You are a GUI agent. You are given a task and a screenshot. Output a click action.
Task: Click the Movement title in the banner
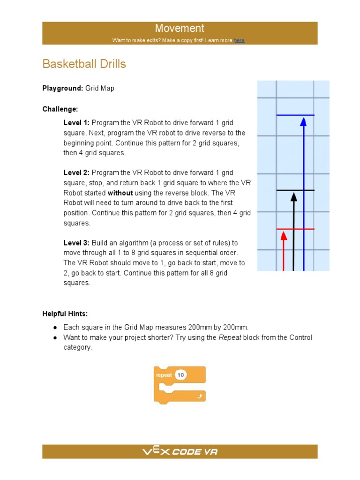coord(180,29)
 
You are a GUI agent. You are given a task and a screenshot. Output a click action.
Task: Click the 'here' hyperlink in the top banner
coord(239,41)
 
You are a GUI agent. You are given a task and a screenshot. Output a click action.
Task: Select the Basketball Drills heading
coord(84,64)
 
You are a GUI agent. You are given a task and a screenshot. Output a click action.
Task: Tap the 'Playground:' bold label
coord(63,88)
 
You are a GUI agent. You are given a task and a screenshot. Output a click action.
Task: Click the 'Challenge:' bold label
coord(60,109)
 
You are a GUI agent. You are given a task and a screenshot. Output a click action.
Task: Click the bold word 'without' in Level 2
coord(120,193)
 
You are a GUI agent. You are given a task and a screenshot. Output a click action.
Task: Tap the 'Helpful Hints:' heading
coord(65,314)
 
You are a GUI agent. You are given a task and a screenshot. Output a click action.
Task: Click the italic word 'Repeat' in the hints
coord(230,337)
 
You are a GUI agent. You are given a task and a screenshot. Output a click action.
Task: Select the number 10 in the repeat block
coord(180,375)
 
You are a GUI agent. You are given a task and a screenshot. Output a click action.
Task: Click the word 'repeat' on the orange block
coord(164,375)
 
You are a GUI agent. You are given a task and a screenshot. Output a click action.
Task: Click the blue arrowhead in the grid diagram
coord(303,122)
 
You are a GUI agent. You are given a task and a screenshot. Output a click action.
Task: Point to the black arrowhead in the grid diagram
coord(294,196)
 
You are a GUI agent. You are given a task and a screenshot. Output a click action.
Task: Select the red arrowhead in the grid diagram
coord(284,235)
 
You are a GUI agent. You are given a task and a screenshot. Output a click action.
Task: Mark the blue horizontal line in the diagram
coord(295,115)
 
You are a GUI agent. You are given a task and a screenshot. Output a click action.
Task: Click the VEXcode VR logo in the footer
coord(180,452)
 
